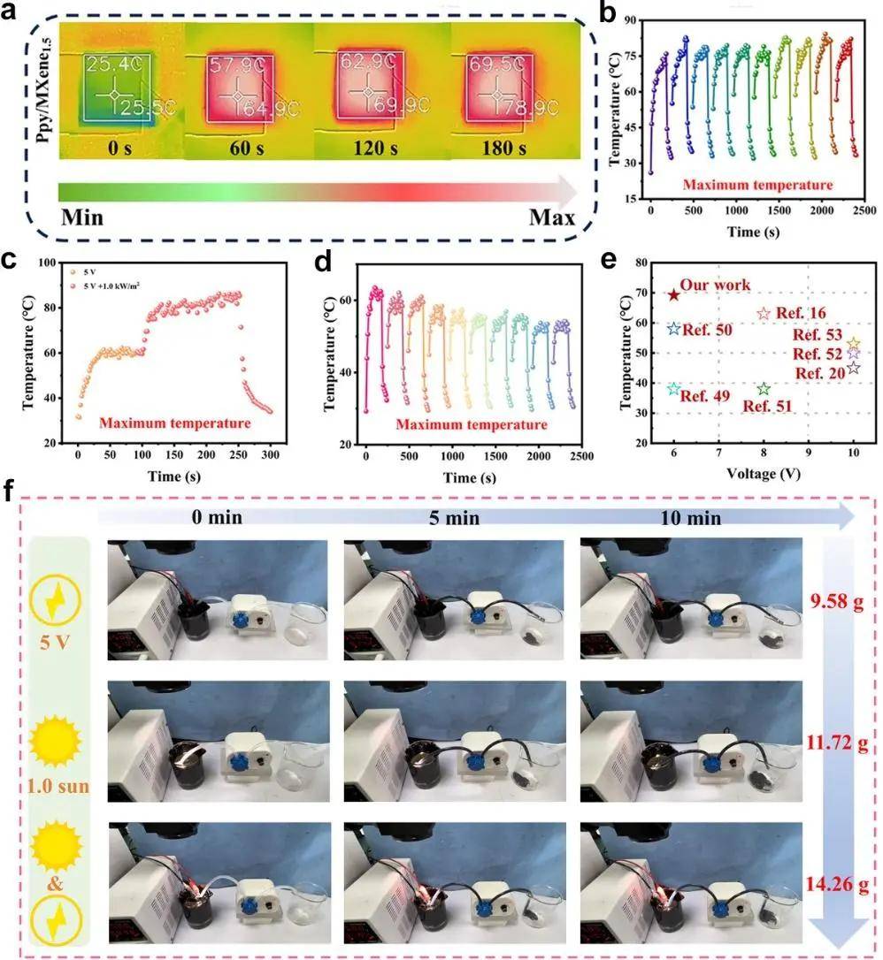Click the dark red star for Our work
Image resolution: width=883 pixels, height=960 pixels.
673,294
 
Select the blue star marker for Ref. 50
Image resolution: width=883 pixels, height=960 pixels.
673,328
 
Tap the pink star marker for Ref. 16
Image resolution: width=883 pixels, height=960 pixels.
764,314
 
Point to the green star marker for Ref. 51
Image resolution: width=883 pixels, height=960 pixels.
763,389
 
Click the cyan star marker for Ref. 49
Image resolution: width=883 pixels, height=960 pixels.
673,389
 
